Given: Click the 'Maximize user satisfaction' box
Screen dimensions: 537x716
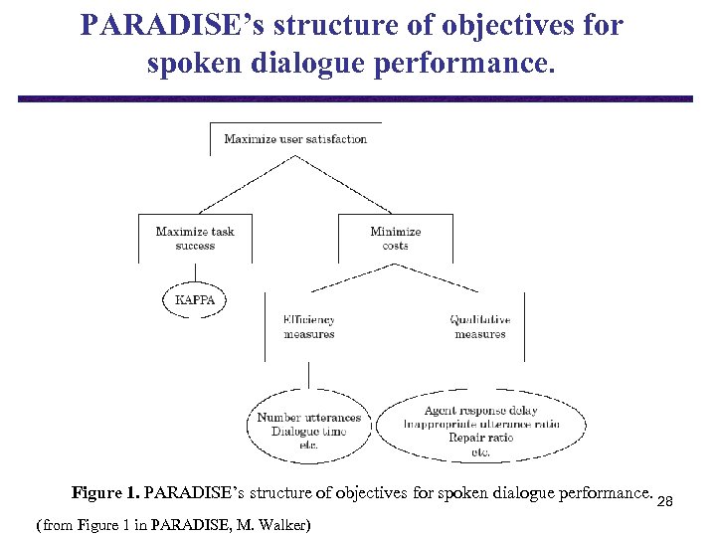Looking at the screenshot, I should [295, 139].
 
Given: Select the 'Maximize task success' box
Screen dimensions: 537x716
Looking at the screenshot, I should [195, 239].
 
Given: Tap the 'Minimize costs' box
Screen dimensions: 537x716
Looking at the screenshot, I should [396, 239].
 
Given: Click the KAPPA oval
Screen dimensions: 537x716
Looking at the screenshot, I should [195, 299].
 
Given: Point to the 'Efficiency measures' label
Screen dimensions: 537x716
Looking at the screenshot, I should [309, 327].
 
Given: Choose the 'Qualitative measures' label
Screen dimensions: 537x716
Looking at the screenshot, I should [480, 327].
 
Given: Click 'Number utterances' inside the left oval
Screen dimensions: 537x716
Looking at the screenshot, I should [308, 418].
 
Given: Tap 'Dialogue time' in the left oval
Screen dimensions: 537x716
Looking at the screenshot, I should [308, 432].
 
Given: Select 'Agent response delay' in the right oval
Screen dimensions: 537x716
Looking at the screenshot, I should [481, 411].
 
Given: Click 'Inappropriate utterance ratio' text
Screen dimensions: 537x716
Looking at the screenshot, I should [481, 424].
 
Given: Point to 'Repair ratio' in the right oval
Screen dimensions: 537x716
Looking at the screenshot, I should [481, 438].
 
